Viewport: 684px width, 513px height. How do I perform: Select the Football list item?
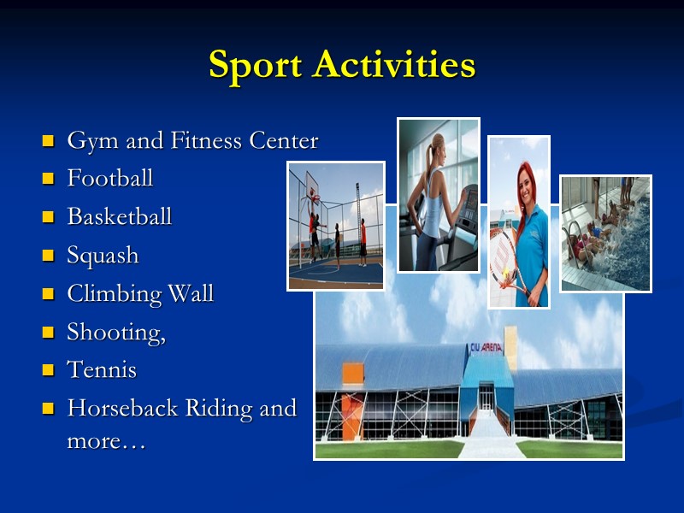tap(109, 179)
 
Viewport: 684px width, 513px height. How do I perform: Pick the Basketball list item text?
tap(119, 217)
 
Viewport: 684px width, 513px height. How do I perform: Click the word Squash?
tap(102, 256)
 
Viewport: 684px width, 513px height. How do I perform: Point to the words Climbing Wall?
tap(140, 294)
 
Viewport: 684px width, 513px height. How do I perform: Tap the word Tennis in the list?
tap(101, 370)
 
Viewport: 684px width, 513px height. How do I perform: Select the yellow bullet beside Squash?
tap(48, 256)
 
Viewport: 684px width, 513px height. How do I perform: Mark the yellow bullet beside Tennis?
tap(48, 371)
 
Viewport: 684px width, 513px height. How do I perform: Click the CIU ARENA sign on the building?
tap(485, 348)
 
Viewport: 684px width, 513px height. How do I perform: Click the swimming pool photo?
tap(605, 233)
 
